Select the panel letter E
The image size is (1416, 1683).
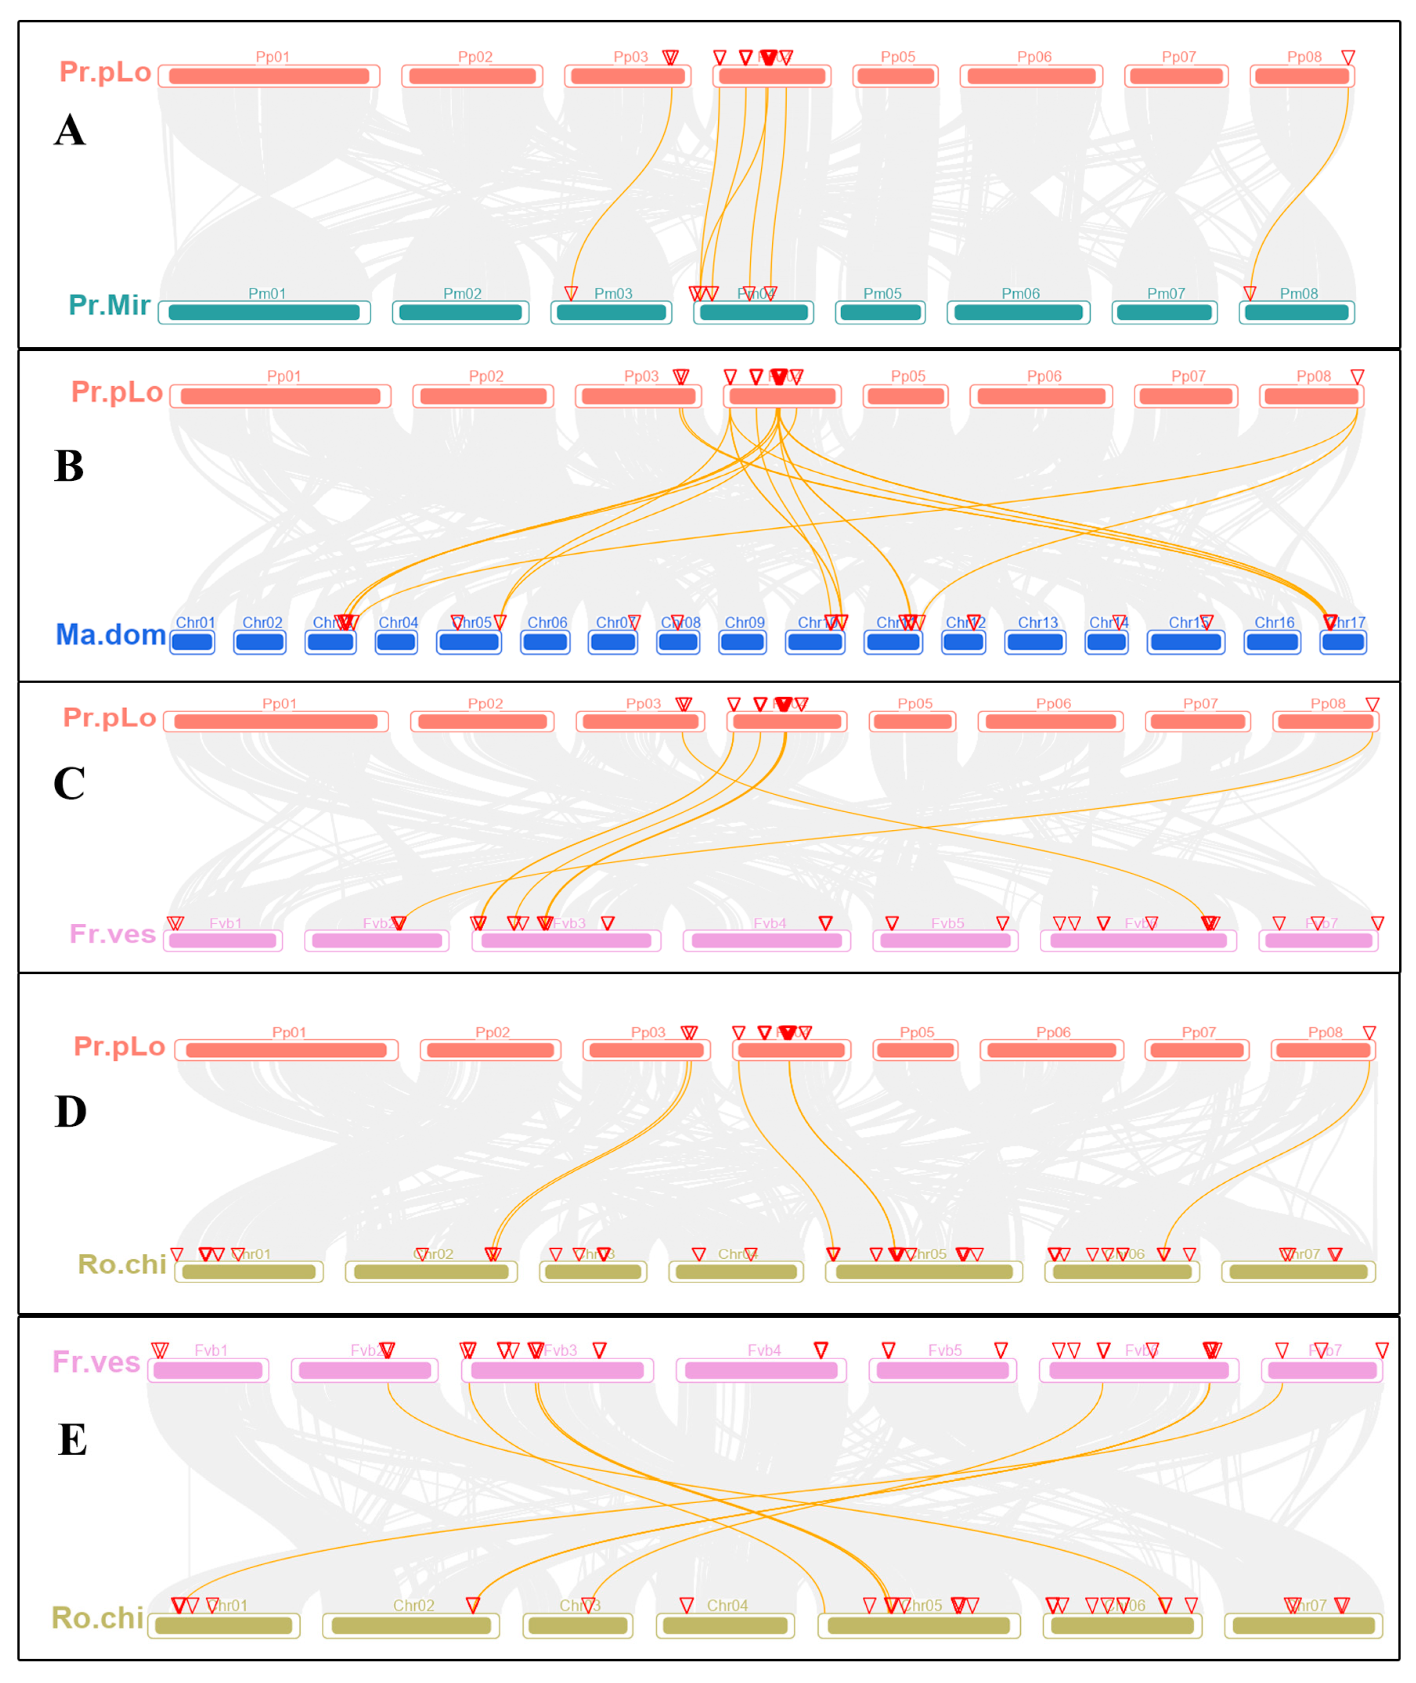(x=72, y=1439)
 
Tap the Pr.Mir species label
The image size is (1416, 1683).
(x=109, y=305)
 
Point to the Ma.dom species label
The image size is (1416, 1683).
(x=111, y=634)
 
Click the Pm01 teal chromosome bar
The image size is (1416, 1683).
(x=264, y=312)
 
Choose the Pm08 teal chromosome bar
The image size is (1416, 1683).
(x=1297, y=312)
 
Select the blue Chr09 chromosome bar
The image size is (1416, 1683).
(x=742, y=642)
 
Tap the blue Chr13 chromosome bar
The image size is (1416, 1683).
(x=1035, y=642)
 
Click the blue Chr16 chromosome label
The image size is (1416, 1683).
(x=1274, y=622)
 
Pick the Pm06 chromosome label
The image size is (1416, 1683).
(x=1020, y=294)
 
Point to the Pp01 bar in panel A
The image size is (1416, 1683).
(x=269, y=76)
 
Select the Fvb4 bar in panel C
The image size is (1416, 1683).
(x=766, y=940)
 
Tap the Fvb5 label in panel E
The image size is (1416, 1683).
(x=945, y=1351)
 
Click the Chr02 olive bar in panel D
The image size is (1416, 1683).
(x=431, y=1272)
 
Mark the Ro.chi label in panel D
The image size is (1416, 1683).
(x=122, y=1265)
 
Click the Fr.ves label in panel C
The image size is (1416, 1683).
(x=112, y=934)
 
